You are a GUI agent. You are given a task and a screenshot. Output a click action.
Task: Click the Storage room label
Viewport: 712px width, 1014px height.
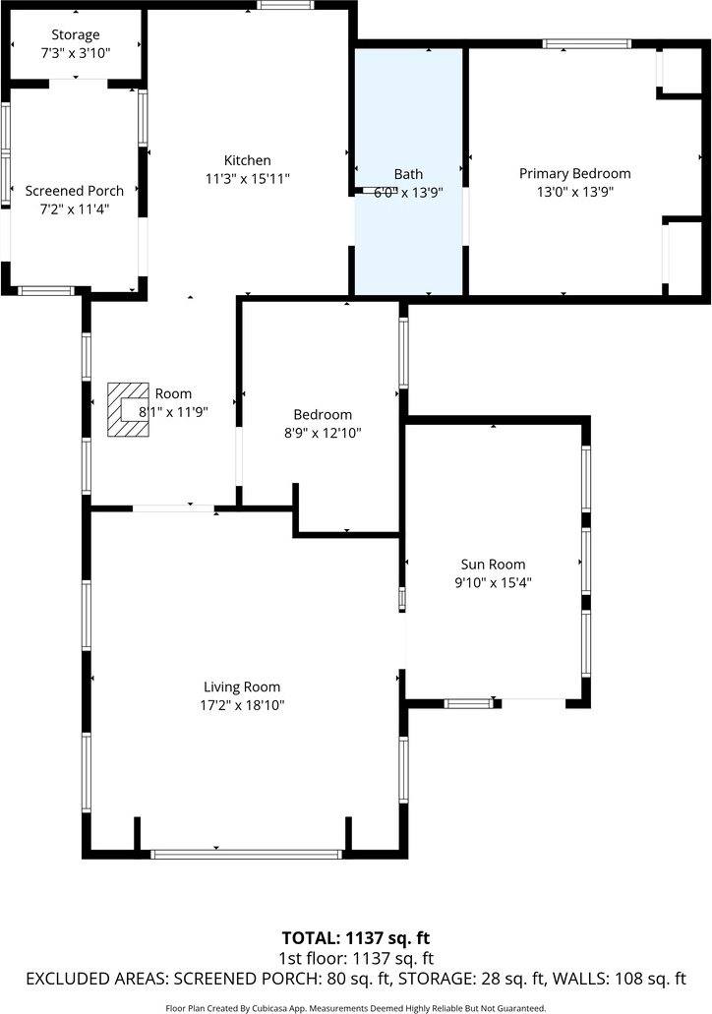coord(76,35)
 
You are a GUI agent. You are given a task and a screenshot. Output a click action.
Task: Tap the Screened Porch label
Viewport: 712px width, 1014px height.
coord(75,191)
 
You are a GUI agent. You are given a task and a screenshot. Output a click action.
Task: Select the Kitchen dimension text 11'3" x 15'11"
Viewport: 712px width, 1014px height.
coord(248,178)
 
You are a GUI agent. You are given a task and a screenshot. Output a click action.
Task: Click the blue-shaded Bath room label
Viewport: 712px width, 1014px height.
coord(408,174)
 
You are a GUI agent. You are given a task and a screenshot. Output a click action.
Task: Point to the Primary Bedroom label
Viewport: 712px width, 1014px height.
coord(574,174)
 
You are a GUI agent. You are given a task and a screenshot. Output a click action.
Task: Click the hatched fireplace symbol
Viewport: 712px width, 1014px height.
coord(124,408)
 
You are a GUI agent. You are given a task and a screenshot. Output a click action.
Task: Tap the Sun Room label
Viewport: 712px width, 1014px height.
coord(493,565)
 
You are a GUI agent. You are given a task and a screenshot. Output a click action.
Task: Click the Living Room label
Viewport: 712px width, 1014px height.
coord(242,687)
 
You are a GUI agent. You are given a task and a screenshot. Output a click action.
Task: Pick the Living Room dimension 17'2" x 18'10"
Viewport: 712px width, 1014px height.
coord(242,705)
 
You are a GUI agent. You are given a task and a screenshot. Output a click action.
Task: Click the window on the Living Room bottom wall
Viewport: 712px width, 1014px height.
coord(246,854)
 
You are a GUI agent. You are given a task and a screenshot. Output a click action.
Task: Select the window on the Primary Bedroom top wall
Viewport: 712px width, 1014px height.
coord(587,43)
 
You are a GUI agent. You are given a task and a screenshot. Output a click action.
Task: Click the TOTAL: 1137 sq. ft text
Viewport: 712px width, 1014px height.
coord(356,938)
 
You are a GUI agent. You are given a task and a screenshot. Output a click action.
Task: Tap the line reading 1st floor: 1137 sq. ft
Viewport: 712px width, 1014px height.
coord(356,959)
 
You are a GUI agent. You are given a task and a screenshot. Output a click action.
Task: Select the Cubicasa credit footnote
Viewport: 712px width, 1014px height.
coord(356,1007)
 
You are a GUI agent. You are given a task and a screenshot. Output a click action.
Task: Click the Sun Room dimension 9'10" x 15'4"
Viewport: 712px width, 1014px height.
coord(493,582)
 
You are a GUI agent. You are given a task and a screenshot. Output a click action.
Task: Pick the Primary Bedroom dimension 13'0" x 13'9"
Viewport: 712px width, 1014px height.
coord(574,193)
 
